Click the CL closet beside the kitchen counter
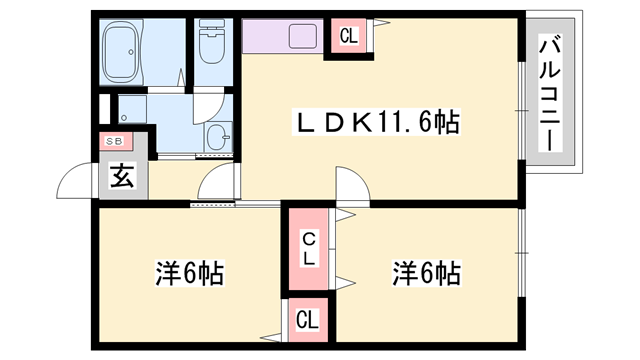[348, 38]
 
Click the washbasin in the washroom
[217, 137]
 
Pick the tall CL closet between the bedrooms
[310, 247]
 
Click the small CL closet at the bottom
[307, 321]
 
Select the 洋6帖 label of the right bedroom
[425, 272]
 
